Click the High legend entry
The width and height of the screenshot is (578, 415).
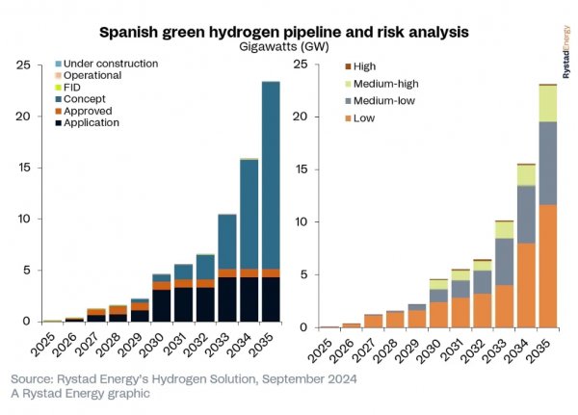tap(365, 65)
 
